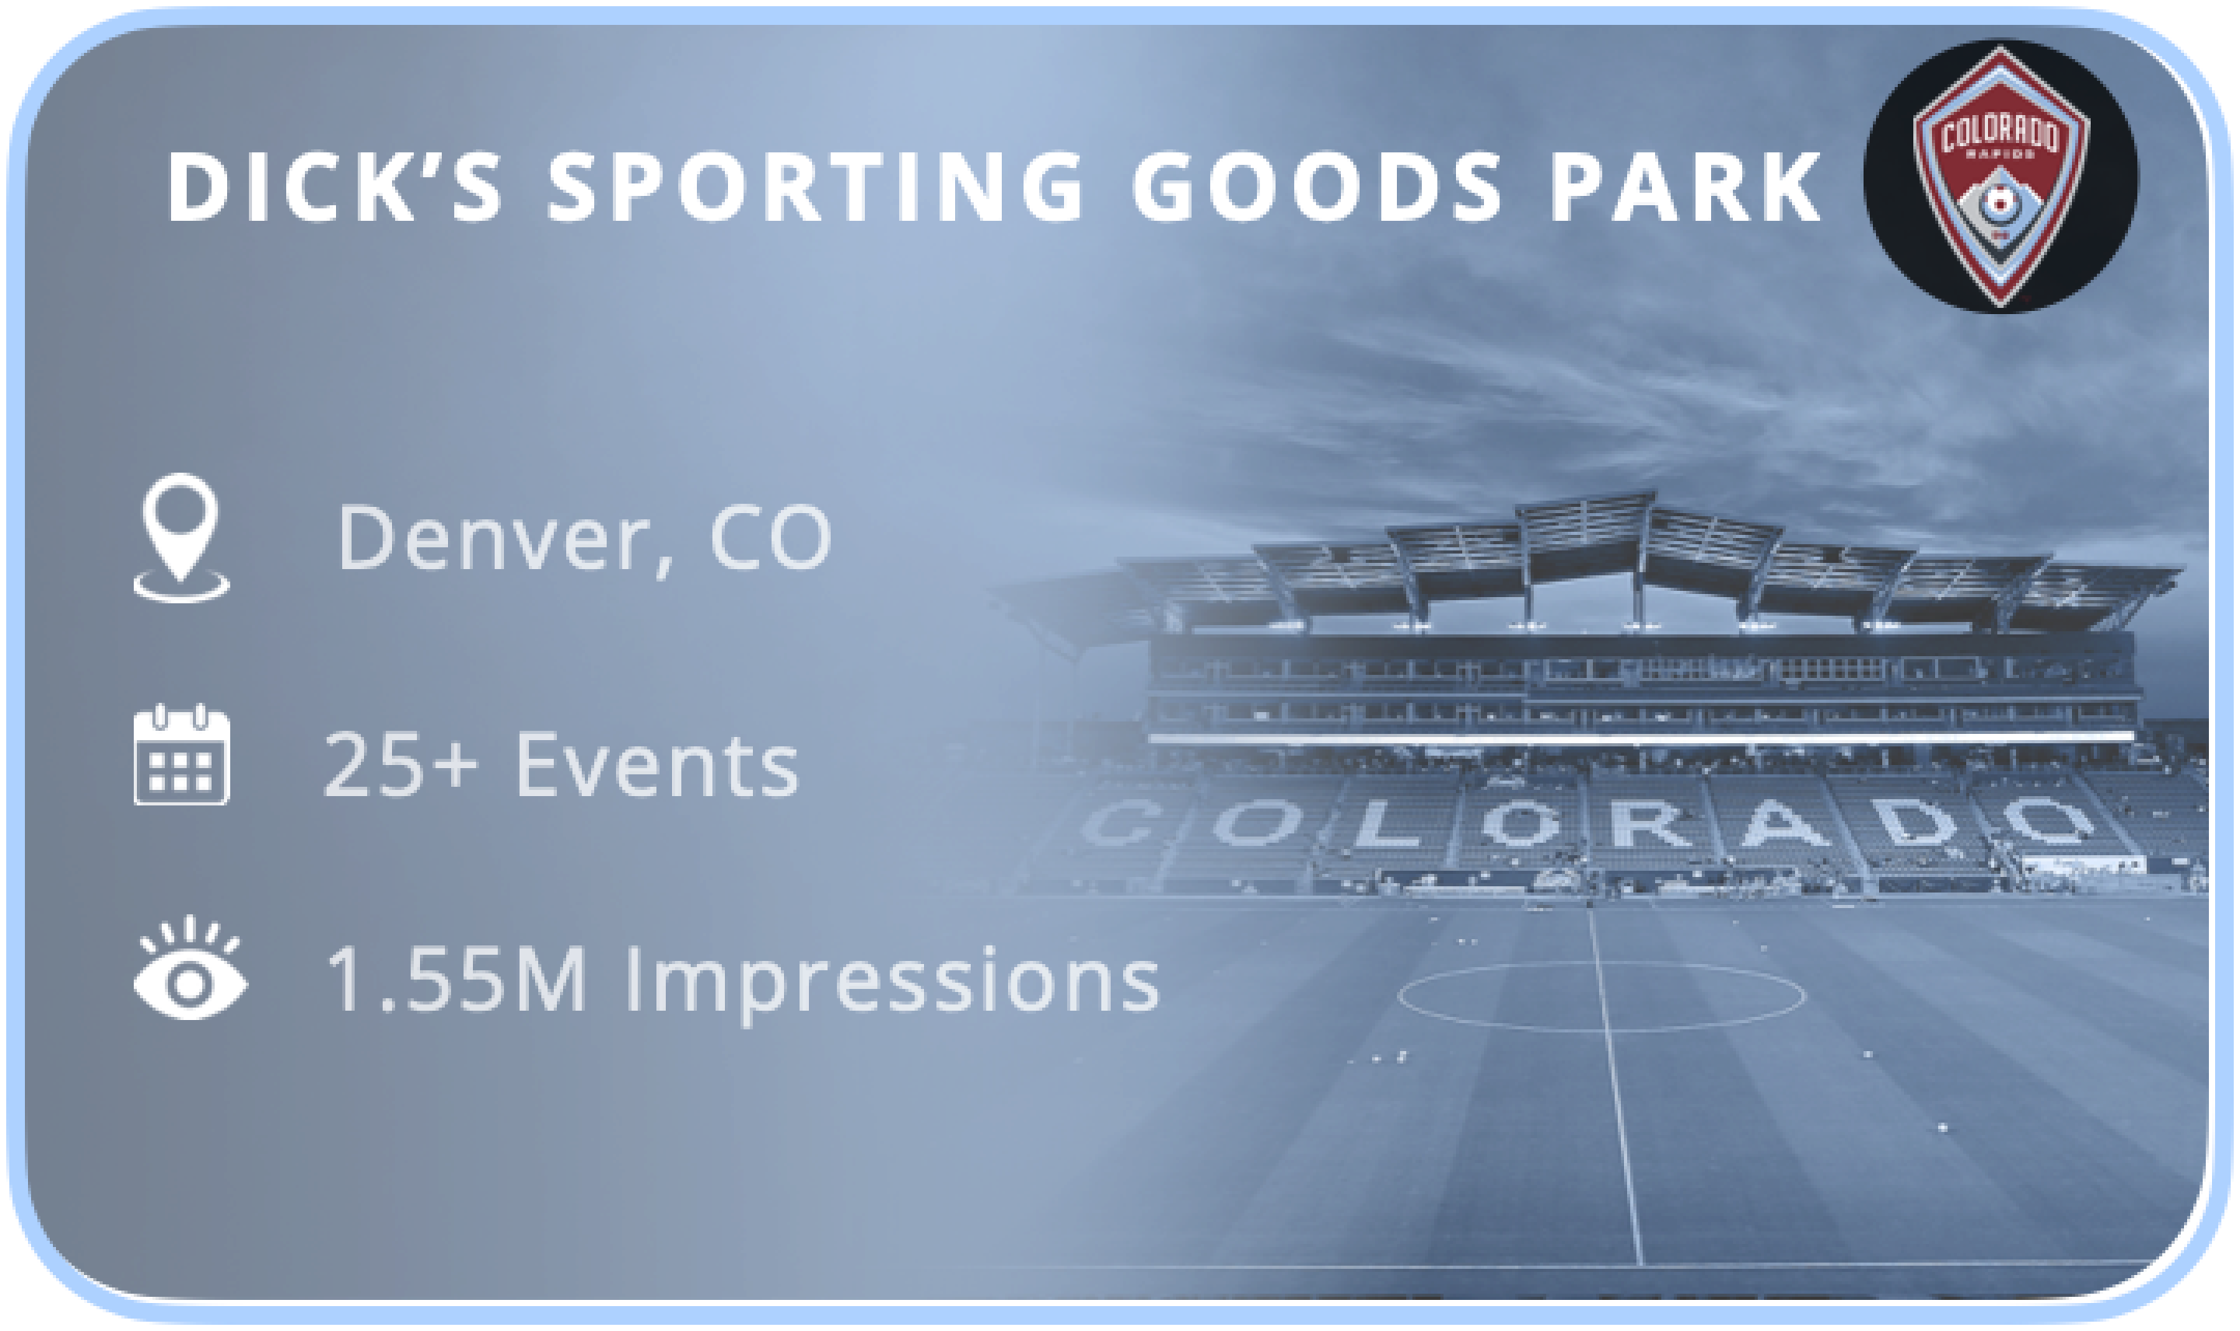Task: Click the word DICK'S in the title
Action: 334,186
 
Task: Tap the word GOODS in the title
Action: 1317,186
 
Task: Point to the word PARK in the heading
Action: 1686,186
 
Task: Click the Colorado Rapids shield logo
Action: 2000,176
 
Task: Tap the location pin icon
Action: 181,537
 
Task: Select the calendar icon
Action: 181,754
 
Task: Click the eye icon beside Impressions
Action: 189,969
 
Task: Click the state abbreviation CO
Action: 771,537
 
